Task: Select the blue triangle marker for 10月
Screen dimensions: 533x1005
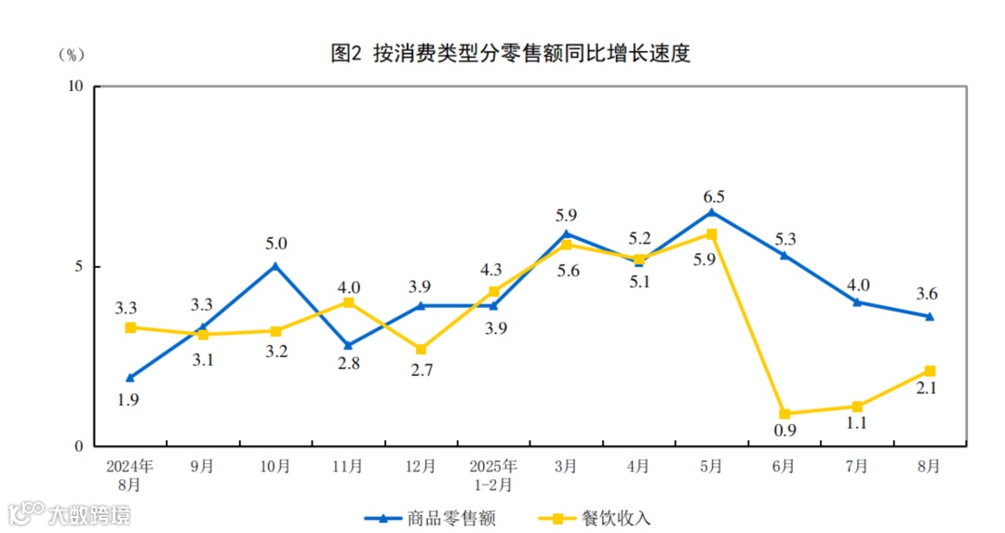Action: click(x=275, y=266)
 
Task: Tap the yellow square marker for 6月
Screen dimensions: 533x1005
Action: click(x=784, y=414)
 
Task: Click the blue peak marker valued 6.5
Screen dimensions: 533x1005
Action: click(x=712, y=212)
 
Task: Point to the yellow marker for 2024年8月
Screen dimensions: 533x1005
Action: click(x=130, y=327)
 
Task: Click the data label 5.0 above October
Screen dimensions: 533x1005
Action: click(x=275, y=244)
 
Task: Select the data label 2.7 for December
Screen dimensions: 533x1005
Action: click(x=421, y=369)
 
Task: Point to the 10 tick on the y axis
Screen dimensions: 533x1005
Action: click(x=75, y=87)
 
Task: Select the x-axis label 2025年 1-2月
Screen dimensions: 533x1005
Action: click(x=493, y=474)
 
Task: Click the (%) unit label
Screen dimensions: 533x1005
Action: click(x=71, y=55)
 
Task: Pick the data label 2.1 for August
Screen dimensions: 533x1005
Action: click(x=927, y=388)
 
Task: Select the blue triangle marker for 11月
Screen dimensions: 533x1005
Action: click(x=348, y=345)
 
